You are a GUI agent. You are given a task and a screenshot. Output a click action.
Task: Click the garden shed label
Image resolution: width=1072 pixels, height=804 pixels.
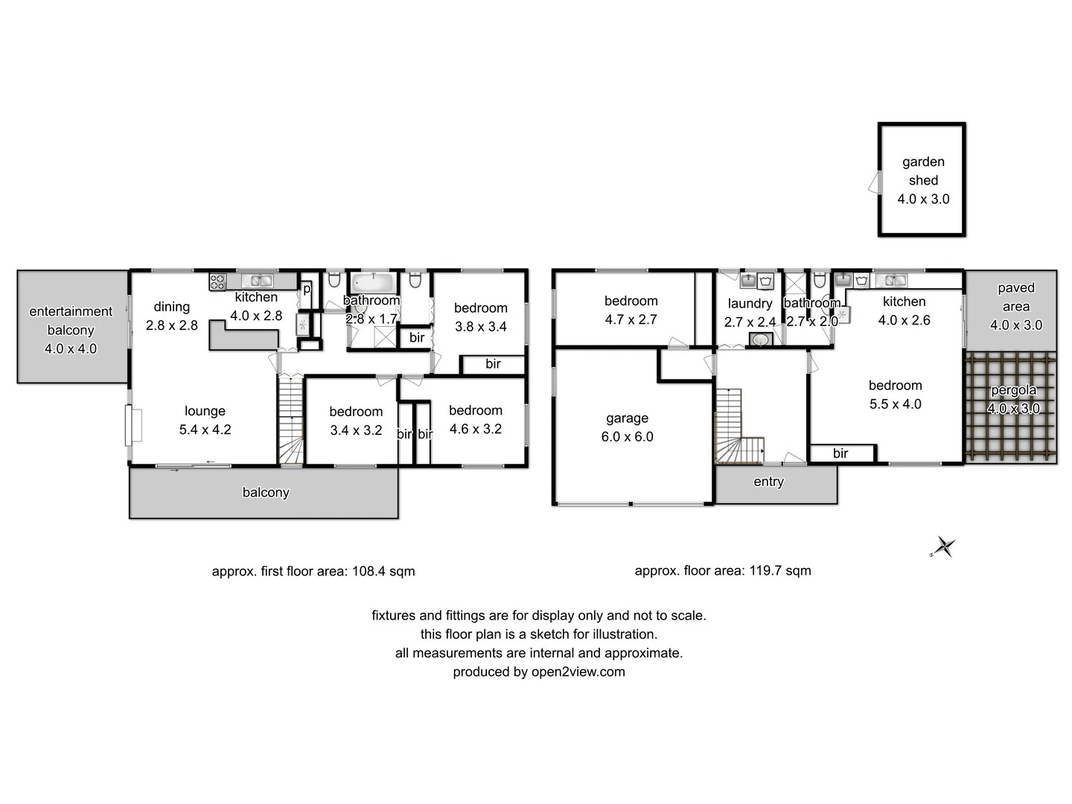pos(923,170)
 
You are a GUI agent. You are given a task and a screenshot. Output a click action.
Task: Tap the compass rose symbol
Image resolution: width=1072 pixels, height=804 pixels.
pos(944,548)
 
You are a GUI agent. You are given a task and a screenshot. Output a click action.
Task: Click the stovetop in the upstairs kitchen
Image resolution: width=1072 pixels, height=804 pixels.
pos(217,282)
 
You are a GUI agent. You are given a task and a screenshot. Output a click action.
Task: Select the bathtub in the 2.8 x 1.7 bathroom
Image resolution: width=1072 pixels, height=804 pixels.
pos(373,283)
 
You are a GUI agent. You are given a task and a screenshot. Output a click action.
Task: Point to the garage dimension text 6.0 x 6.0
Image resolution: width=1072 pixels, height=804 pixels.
pos(627,437)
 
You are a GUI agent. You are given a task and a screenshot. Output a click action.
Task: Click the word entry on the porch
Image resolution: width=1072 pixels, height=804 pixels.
pos(768,482)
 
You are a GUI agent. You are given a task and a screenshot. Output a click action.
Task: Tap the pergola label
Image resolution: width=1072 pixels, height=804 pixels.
pos(1013,390)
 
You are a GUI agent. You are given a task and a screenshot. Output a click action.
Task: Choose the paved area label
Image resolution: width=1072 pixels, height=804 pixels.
pos(1015,297)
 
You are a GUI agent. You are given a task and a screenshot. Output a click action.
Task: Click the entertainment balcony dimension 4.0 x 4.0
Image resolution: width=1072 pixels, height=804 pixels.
pos(71,348)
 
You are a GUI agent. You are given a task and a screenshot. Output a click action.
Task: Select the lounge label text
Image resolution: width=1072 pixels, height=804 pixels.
pos(205,411)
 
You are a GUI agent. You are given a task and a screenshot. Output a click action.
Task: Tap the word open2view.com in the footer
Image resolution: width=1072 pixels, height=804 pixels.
pos(578,671)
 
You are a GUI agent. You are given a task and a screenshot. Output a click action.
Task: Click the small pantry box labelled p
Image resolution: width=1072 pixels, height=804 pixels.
pos(306,289)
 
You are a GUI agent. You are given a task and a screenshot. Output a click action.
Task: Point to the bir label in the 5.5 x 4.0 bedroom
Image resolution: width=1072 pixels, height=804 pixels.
pos(840,453)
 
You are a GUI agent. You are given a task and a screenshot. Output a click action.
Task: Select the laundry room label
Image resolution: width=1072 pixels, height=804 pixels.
pos(750,304)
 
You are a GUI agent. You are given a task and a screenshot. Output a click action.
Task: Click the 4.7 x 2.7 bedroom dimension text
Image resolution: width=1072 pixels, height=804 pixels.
pos(631,319)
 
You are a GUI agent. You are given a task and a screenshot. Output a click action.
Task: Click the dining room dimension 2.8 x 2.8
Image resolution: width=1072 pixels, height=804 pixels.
pos(171,325)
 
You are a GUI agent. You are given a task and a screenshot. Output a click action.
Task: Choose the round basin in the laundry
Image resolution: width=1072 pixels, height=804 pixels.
pos(760,339)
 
